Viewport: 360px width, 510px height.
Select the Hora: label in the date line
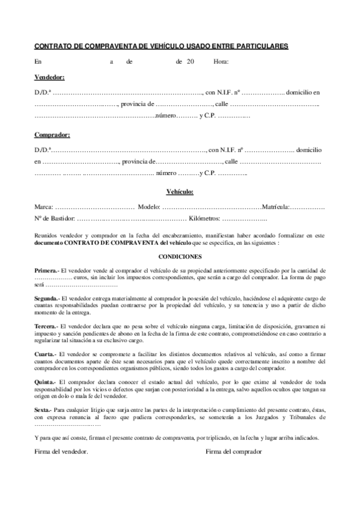(x=221, y=61)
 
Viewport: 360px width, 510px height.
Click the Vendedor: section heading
(x=50, y=78)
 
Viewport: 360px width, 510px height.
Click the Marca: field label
(x=44, y=207)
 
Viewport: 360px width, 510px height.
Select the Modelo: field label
(x=148, y=207)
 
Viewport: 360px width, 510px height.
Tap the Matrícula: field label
(x=276, y=207)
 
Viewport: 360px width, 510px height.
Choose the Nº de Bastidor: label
(x=55, y=220)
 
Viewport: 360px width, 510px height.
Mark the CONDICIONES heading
(x=180, y=256)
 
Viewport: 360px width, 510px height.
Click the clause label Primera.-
(x=47, y=271)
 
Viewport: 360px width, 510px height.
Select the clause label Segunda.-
(x=47, y=298)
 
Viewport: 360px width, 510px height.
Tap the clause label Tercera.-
(x=47, y=325)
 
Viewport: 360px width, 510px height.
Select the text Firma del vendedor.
(x=61, y=451)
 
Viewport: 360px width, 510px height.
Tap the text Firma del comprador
(x=234, y=451)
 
